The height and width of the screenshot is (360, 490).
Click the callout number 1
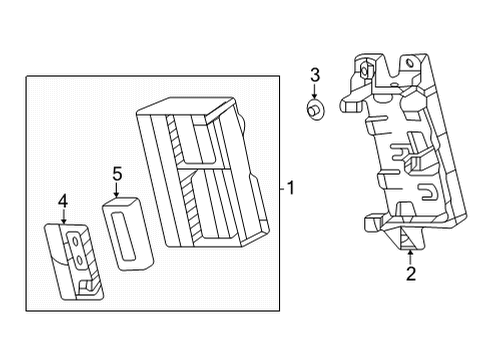(x=290, y=187)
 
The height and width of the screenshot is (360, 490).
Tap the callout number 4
(x=63, y=202)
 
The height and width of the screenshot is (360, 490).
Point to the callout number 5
(x=117, y=175)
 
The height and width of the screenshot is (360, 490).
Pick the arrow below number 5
(x=117, y=190)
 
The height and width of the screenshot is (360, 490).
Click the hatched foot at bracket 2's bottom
(x=407, y=237)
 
